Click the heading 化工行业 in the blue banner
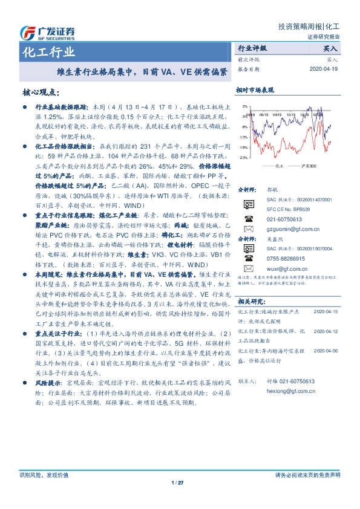[49, 51]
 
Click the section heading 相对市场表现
[255, 89]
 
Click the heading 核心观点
[40, 92]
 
